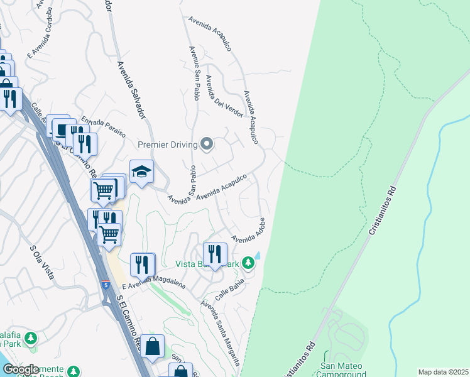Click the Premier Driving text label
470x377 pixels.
point(167,145)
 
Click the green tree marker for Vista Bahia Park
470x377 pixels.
point(249,262)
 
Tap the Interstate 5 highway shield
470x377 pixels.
point(105,286)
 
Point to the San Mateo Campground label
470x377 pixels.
point(343,369)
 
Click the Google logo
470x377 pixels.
point(21,369)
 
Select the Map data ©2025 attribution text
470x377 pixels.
point(442,372)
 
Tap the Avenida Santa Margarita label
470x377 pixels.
point(221,332)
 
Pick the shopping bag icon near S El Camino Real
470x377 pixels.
point(152,346)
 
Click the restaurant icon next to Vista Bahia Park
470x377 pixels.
point(215,254)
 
